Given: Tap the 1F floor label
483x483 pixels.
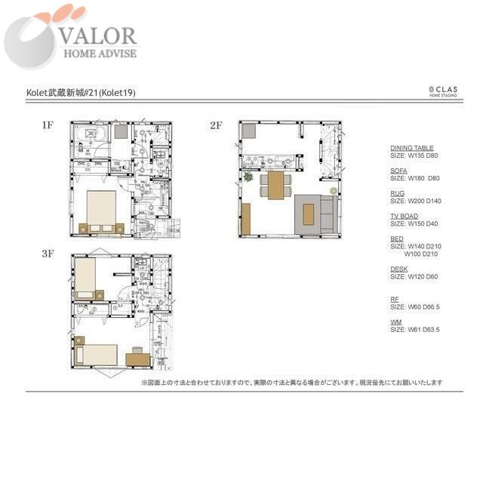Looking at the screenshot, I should click(x=48, y=126).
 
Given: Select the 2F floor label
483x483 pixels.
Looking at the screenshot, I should click(x=216, y=126).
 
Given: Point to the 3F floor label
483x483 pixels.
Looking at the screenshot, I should click(x=48, y=254).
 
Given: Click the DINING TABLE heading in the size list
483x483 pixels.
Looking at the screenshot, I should click(x=412, y=148).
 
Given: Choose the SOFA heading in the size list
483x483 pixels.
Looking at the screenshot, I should click(x=398, y=171).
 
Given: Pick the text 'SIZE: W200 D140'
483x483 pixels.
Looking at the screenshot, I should click(x=415, y=201).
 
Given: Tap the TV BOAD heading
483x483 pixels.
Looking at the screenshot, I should click(x=404, y=217).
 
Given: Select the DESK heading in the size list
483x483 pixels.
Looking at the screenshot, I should click(x=399, y=269).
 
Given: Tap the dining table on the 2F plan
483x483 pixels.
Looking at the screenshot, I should click(x=276, y=185).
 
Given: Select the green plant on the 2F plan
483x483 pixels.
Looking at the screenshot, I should click(x=248, y=178).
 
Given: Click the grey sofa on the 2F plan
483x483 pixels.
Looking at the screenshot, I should click(x=327, y=213).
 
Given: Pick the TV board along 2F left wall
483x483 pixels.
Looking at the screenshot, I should click(x=246, y=218).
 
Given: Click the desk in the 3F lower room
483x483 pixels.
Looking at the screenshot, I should click(x=137, y=355).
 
